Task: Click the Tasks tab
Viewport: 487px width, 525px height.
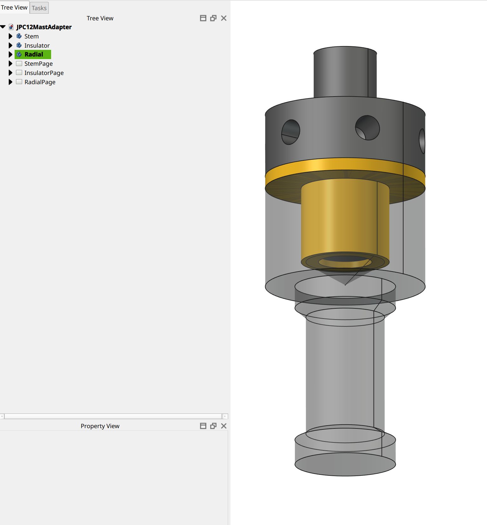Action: [x=39, y=8]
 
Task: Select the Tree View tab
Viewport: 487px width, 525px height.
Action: [x=14, y=7]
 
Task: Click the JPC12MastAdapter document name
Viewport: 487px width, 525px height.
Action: [x=44, y=27]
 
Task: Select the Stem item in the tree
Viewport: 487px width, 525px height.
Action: [x=31, y=36]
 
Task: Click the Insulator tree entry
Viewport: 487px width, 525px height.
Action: [x=37, y=45]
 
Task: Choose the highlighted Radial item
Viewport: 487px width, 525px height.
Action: [x=34, y=54]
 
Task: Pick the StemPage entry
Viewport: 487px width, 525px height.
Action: [x=38, y=64]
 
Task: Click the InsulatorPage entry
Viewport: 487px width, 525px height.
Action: [x=44, y=73]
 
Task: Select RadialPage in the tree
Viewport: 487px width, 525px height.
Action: [x=40, y=82]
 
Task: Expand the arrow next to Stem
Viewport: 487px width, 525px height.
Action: [x=10, y=36]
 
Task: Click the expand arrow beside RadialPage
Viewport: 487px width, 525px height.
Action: [x=10, y=82]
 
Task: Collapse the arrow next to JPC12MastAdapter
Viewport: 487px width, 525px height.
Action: [x=3, y=27]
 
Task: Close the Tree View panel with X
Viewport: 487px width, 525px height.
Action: [x=223, y=18]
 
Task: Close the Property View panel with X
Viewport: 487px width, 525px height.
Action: [x=223, y=426]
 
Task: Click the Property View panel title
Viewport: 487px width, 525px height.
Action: [x=100, y=426]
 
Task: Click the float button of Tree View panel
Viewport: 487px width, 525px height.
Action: [x=213, y=18]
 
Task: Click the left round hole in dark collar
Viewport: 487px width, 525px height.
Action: [x=290, y=132]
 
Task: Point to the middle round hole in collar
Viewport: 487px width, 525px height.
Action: [x=367, y=128]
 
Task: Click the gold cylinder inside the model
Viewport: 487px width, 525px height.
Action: [x=345, y=219]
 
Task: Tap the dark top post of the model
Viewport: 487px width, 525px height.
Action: [x=345, y=73]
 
